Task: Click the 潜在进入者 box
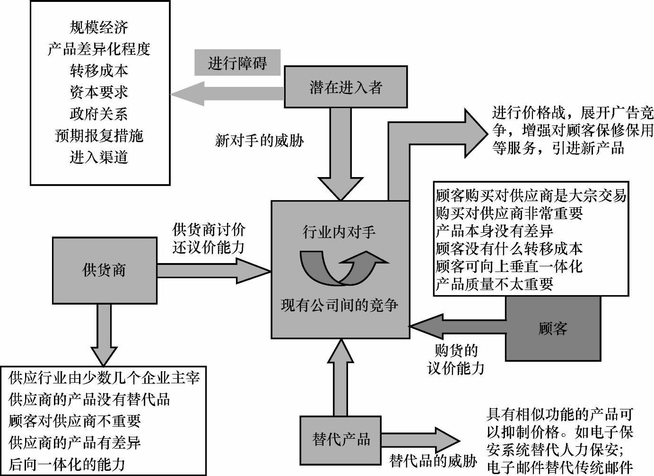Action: (345, 87)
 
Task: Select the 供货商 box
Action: (104, 270)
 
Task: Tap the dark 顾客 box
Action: (553, 329)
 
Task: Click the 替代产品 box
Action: (340, 440)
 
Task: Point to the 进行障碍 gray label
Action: (237, 63)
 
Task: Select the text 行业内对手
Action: (339, 232)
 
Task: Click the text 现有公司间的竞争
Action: (339, 306)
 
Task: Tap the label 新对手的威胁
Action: (259, 140)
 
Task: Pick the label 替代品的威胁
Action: (433, 460)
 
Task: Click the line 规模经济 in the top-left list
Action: (99, 27)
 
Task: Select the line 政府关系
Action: (99, 114)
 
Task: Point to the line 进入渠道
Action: (99, 157)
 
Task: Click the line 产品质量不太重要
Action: (494, 284)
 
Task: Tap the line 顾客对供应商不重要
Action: (75, 421)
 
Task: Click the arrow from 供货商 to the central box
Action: (213, 271)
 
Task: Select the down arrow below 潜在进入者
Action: (340, 156)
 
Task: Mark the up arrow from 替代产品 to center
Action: (340, 378)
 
